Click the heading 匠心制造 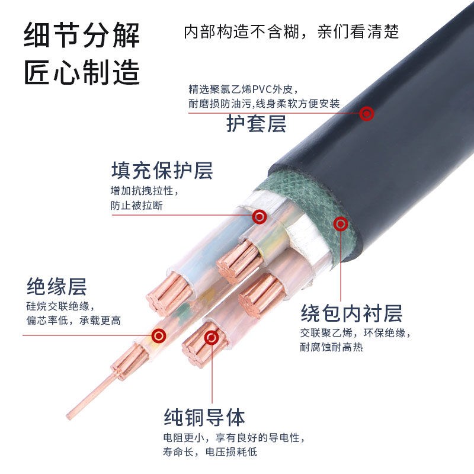pos(82,73)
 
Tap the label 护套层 pos(256,124)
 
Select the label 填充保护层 pos(162,171)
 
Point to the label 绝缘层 pos(57,287)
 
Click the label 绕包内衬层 pos(351,312)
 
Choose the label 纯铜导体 pos(204,417)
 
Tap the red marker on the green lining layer pos(340,223)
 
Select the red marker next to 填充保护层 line pos(259,217)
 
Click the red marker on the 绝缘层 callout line pos(158,336)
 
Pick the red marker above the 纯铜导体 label pos(211,338)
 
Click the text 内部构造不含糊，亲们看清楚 pos(292,31)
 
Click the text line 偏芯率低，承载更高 pos(73,321)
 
